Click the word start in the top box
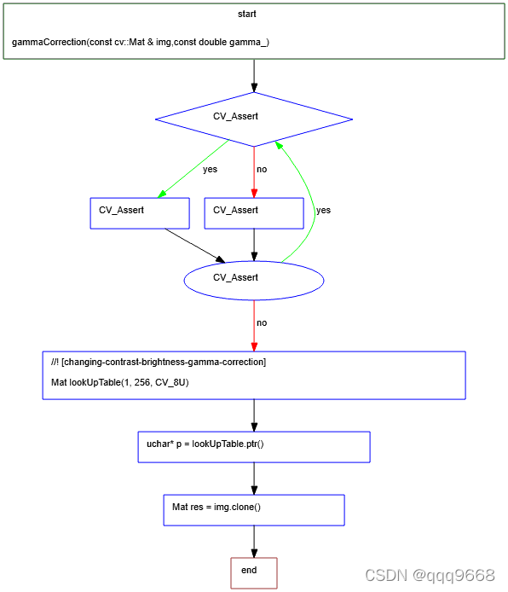click(x=246, y=15)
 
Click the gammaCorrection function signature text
click(x=141, y=42)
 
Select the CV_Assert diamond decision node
click(x=254, y=117)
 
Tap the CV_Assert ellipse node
click(x=254, y=278)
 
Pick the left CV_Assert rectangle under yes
click(x=139, y=212)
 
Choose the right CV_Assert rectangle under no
click(x=254, y=212)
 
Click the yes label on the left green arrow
click(x=210, y=169)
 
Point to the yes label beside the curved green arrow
click(x=323, y=210)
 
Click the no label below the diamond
click(x=262, y=169)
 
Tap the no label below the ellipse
click(x=262, y=323)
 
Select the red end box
click(x=254, y=572)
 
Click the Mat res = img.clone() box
click(x=254, y=509)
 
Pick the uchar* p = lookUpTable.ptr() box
click(x=254, y=446)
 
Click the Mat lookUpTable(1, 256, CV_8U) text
click(x=120, y=383)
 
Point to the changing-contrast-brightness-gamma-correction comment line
click(x=159, y=363)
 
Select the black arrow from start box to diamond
click(x=254, y=75)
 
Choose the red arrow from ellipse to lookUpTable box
click(x=254, y=328)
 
